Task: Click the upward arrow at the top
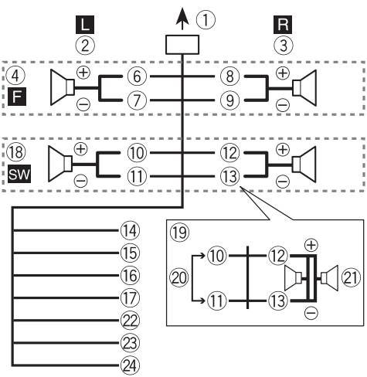pyautogui.click(x=182, y=19)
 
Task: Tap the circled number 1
pyautogui.click(x=206, y=20)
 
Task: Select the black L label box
pyautogui.click(x=85, y=25)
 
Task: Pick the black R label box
pyautogui.click(x=283, y=25)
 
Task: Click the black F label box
pyautogui.click(x=17, y=97)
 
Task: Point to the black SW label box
pyautogui.click(x=19, y=174)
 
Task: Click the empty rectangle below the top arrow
pyautogui.click(x=182, y=45)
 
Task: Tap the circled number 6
pyautogui.click(x=137, y=76)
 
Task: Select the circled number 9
pyautogui.click(x=229, y=100)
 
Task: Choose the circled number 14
pyautogui.click(x=130, y=230)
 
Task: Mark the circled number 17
pyautogui.click(x=130, y=298)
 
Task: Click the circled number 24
pyautogui.click(x=130, y=365)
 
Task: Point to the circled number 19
pyautogui.click(x=179, y=233)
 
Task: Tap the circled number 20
pyautogui.click(x=179, y=278)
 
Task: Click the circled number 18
pyautogui.click(x=16, y=152)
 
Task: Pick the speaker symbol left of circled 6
pyautogui.click(x=63, y=87)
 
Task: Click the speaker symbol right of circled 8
pyautogui.click(x=304, y=88)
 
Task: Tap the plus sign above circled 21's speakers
pyautogui.click(x=311, y=245)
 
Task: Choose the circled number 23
pyautogui.click(x=130, y=343)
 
